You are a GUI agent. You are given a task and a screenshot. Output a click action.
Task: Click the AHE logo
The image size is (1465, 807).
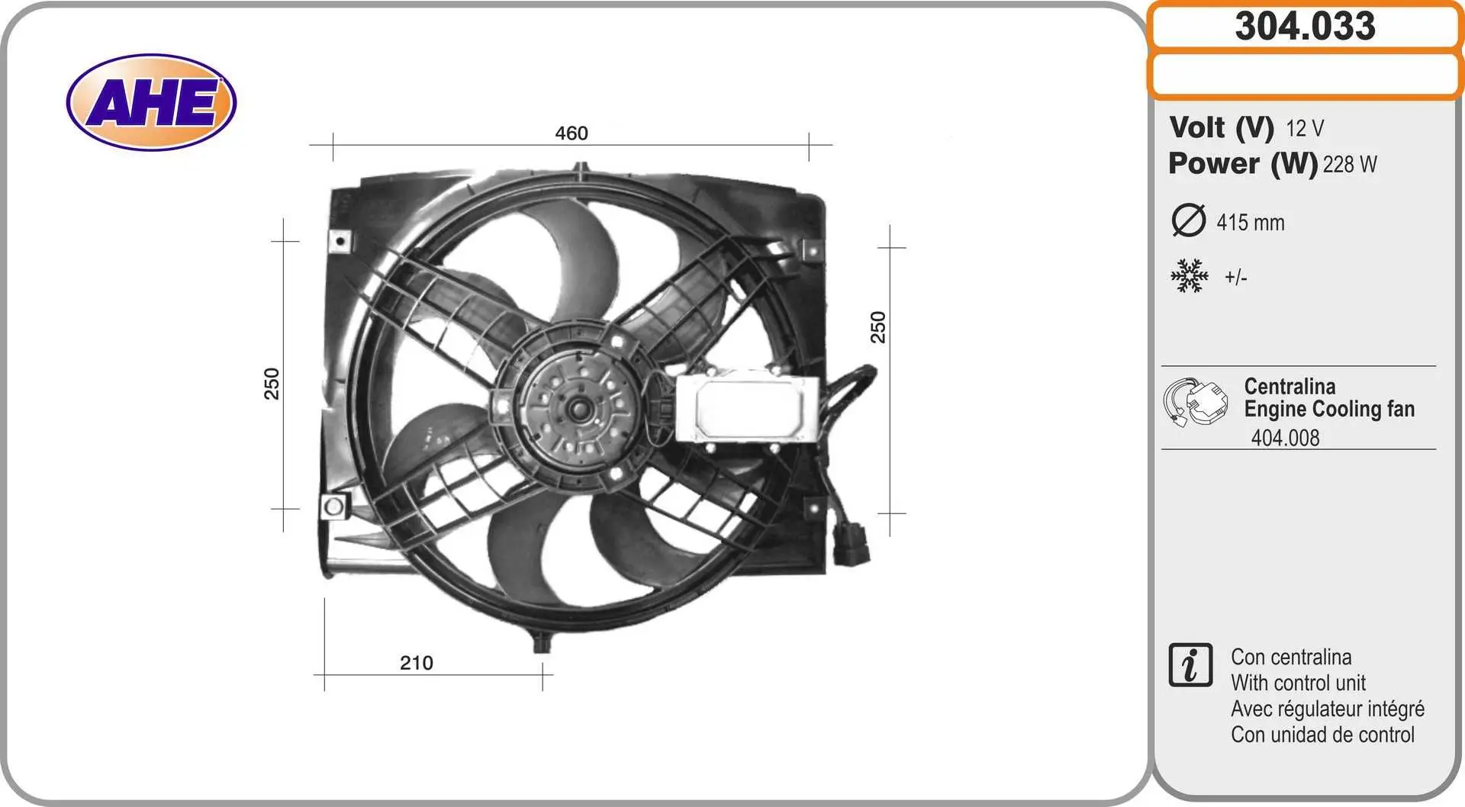point(151,102)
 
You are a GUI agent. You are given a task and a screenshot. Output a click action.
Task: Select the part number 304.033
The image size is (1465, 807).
point(1305,26)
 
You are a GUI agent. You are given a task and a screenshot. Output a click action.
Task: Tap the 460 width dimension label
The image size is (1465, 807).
point(572,133)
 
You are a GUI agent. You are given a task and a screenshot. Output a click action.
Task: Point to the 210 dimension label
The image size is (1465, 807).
point(417,663)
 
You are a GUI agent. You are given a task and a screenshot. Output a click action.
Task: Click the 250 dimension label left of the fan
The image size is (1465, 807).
point(272,384)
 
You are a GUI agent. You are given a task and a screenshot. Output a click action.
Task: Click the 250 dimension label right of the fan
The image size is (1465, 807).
point(878,327)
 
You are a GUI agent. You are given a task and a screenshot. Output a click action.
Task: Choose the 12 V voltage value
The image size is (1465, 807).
point(1305,128)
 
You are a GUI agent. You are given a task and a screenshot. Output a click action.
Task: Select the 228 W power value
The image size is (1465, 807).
point(1350,164)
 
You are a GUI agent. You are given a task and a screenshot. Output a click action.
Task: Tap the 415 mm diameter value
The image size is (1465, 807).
point(1251,223)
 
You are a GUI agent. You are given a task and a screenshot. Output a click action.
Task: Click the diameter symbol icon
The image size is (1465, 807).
point(1188,220)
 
